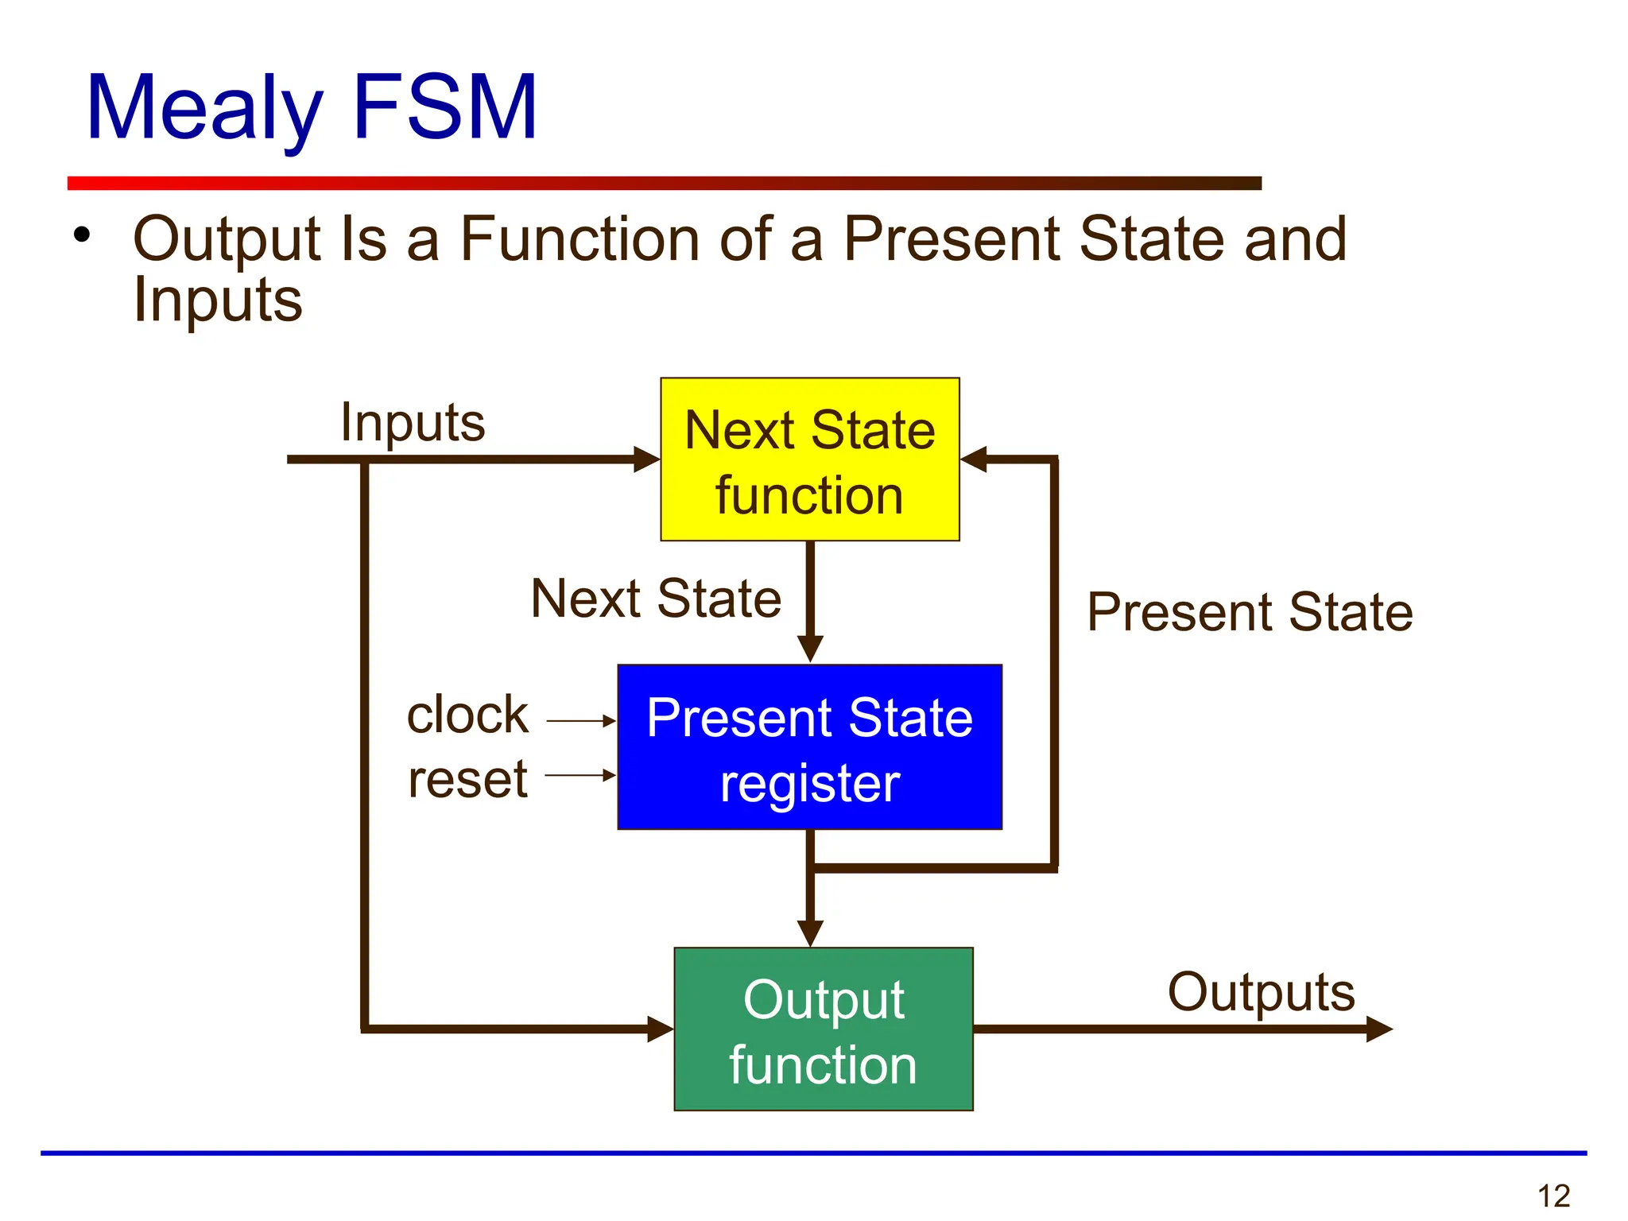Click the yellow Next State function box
pyautogui.click(x=809, y=459)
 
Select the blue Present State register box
pyautogui.click(x=809, y=747)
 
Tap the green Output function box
pyautogui.click(x=823, y=1029)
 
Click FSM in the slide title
pyautogui.click(x=445, y=107)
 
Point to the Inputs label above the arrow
pyautogui.click(x=412, y=422)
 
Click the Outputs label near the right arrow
pyautogui.click(x=1261, y=992)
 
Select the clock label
pyautogui.click(x=467, y=715)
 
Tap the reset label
pyautogui.click(x=467, y=779)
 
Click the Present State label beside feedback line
pyautogui.click(x=1250, y=612)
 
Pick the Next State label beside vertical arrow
pyautogui.click(x=656, y=599)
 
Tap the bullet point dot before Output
pyautogui.click(x=81, y=235)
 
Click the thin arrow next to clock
pyautogui.click(x=581, y=721)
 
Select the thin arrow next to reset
pyautogui.click(x=580, y=775)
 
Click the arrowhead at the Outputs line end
pyautogui.click(x=1378, y=1029)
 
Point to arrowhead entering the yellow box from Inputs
pyautogui.click(x=646, y=459)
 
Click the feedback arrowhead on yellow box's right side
pyautogui.click(x=974, y=459)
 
